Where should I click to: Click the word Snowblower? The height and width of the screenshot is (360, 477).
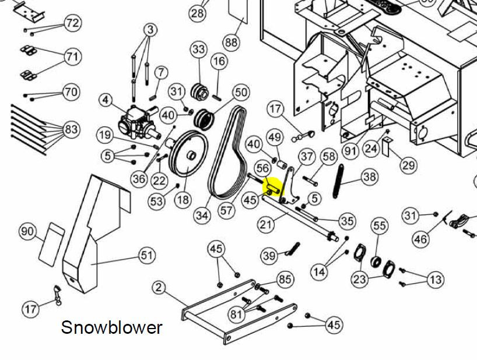[x=111, y=328]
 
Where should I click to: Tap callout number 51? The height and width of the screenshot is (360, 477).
[x=147, y=256]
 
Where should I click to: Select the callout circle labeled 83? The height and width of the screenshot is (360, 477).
[x=72, y=129]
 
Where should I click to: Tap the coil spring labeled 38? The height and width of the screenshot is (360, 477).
[x=338, y=181]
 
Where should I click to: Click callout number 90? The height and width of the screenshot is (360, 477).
[x=27, y=232]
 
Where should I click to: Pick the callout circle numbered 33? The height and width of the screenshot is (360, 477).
[x=199, y=50]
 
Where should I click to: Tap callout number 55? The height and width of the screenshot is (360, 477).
[x=380, y=226]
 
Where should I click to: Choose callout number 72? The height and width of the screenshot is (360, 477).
[x=72, y=23]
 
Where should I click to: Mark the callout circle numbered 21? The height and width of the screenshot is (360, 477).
[x=266, y=225]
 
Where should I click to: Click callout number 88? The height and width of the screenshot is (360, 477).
[x=231, y=41]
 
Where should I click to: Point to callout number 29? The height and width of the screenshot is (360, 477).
[x=409, y=165]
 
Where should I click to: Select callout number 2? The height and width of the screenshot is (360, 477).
[x=159, y=287]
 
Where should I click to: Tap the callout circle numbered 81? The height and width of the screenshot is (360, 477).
[x=236, y=314]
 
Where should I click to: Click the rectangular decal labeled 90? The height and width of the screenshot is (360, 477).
[x=51, y=242]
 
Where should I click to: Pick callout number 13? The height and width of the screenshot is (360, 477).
[x=436, y=279]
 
